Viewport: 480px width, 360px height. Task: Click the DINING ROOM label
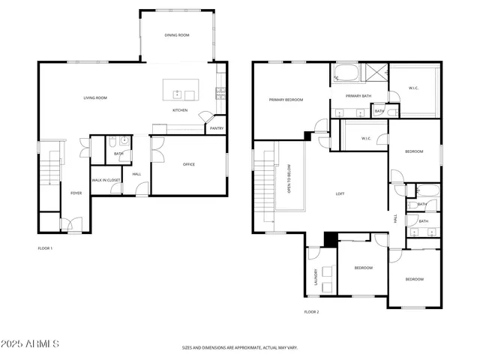click(177, 35)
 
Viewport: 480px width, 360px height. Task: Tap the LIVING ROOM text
click(95, 97)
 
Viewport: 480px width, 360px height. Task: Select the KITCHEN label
click(180, 110)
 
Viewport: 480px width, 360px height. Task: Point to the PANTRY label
click(217, 128)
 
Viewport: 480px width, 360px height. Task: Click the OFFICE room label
click(189, 164)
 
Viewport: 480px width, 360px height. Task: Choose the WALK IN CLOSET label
click(106, 180)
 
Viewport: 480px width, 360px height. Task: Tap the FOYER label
click(76, 193)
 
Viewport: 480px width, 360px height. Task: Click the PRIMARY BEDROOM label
click(286, 100)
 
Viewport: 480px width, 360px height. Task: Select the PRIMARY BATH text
click(358, 96)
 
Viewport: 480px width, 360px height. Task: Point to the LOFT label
click(340, 193)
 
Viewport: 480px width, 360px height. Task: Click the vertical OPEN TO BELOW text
click(289, 179)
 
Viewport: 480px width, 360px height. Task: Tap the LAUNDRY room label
click(316, 277)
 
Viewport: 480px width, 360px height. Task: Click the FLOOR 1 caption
click(45, 247)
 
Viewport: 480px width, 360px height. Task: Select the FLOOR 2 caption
click(311, 311)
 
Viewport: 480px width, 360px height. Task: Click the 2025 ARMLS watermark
click(31, 343)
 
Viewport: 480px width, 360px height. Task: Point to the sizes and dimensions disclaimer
click(240, 347)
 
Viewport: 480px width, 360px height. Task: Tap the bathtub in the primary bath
click(346, 74)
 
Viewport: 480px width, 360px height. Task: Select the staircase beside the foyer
click(49, 171)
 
